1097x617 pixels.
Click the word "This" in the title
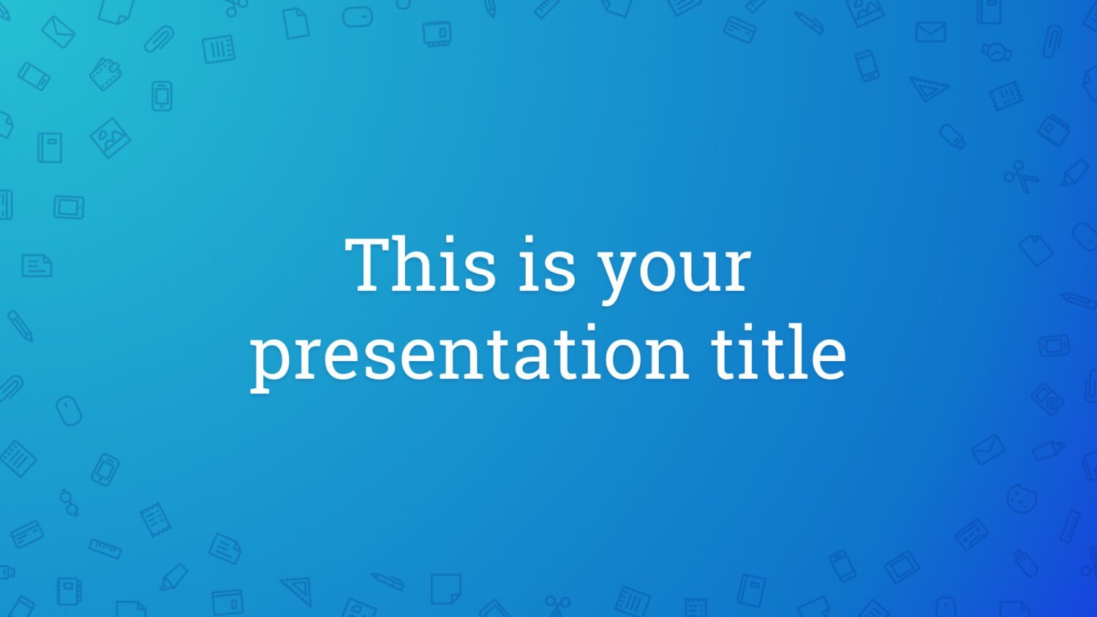point(421,265)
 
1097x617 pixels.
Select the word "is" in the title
point(546,265)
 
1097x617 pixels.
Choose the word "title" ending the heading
point(779,351)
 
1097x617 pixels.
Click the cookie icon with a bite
point(1022,499)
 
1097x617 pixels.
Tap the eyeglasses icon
point(69,503)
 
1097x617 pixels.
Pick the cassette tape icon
point(971,534)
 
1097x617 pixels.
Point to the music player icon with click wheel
point(1047,397)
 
